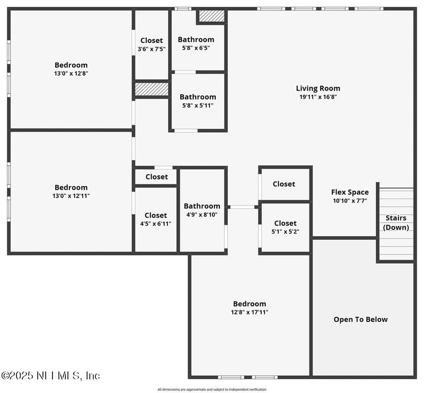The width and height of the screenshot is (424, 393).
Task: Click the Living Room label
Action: coord(318,88)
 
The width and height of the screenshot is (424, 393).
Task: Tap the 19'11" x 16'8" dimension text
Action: coord(318,97)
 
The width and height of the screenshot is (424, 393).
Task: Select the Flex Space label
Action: coord(350,192)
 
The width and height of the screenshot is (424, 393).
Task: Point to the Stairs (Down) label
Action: coord(396,223)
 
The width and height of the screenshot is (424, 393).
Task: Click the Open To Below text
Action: coord(360,319)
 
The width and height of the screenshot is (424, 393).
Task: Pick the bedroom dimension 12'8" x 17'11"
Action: coord(250,312)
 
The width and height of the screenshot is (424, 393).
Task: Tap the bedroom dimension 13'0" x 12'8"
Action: coord(71,74)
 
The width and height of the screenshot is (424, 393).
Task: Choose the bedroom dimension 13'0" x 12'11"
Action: coord(71,196)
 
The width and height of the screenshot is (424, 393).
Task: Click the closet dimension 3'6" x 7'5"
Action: coord(152,49)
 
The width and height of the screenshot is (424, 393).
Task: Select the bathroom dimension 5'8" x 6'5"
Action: coord(196,48)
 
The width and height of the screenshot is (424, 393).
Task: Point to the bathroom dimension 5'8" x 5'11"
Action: coord(198,105)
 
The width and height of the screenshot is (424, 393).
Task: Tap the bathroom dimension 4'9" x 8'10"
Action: coord(202,215)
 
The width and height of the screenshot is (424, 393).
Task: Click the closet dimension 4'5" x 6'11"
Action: coord(155,224)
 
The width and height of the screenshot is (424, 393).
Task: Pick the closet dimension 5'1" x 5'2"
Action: coord(285,231)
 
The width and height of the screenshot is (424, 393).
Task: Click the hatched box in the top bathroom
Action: coord(211,16)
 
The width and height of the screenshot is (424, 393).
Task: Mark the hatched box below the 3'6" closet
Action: coord(152,89)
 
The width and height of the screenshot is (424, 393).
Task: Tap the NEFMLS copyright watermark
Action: coord(50,376)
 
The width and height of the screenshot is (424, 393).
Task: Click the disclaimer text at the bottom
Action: coord(212,389)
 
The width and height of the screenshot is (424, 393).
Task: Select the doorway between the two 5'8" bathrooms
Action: coord(185,72)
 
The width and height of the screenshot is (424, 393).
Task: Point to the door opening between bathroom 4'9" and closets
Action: coord(242,207)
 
